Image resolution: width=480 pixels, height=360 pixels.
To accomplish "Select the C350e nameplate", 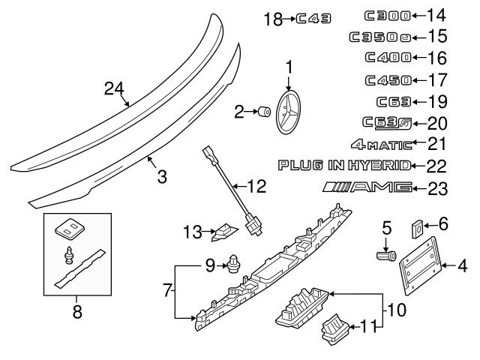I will coord(379,36).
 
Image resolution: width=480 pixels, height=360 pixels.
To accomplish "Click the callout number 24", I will coord(113,90).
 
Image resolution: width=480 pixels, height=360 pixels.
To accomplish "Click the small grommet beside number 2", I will coord(264,113).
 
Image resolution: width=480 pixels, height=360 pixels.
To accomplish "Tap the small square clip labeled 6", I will coord(418,226).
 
